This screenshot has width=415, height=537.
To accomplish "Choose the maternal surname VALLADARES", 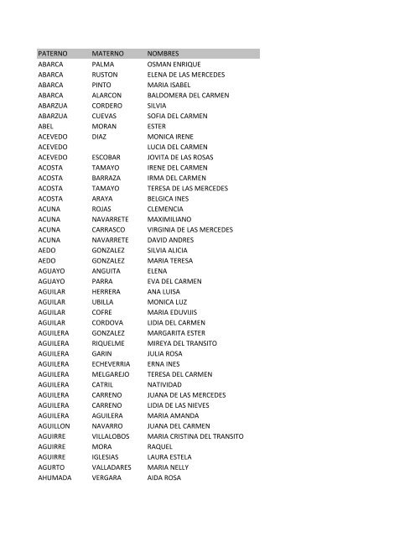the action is [117, 467].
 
